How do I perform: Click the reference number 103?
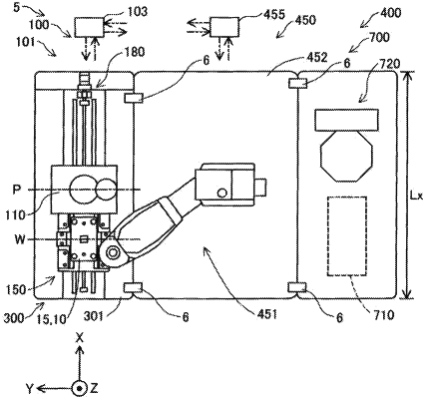click(137, 12)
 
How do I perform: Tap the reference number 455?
click(274, 14)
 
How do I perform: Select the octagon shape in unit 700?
click(346, 156)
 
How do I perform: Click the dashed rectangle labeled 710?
click(347, 235)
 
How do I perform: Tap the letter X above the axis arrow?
click(79, 338)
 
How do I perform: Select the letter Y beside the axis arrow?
click(30, 388)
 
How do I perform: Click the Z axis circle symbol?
click(79, 388)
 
